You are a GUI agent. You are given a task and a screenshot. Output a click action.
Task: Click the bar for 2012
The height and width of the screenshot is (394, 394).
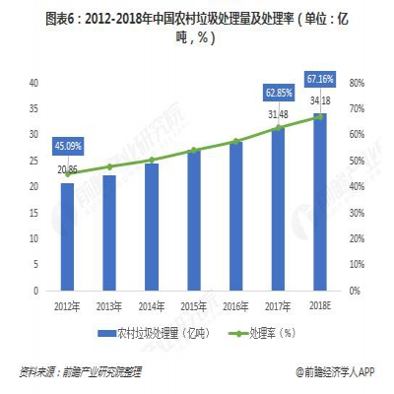click(67, 236)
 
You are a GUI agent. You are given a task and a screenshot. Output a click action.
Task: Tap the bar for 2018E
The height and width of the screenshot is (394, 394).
click(320, 202)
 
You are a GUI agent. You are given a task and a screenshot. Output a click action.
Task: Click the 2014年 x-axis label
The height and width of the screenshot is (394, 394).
click(152, 306)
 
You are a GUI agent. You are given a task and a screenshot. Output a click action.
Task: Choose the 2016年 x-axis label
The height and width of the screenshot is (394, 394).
click(236, 306)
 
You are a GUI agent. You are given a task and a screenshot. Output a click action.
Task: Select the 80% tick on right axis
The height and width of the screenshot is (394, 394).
click(357, 82)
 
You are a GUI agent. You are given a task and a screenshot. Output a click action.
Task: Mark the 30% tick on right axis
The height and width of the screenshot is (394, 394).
click(357, 212)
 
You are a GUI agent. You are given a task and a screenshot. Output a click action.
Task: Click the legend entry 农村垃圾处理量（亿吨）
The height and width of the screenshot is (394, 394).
click(156, 332)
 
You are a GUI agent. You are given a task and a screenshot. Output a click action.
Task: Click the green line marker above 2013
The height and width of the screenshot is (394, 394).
click(109, 166)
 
